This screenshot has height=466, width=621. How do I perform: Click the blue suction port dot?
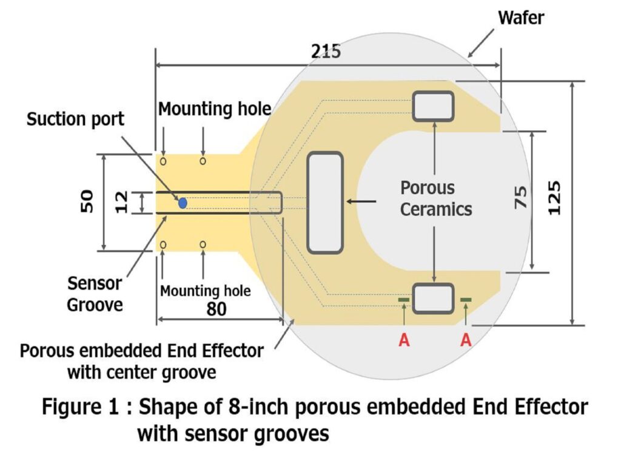pos(183,203)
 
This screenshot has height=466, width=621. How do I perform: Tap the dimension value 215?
pos(326,52)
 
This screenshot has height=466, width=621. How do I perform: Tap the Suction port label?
pos(75,119)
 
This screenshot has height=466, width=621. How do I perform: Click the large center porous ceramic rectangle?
pos(325,203)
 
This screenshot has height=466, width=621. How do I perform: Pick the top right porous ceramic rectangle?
pos(433,106)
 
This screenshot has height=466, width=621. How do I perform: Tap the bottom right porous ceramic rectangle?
pos(433,298)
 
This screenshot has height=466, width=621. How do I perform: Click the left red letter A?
pos(404,340)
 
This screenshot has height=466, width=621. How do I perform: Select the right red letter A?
pos(466,340)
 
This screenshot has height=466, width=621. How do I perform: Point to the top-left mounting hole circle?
pos(163,161)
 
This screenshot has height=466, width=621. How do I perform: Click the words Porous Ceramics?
pos(435,198)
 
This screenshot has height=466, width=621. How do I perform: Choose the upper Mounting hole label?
pos(214,109)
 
